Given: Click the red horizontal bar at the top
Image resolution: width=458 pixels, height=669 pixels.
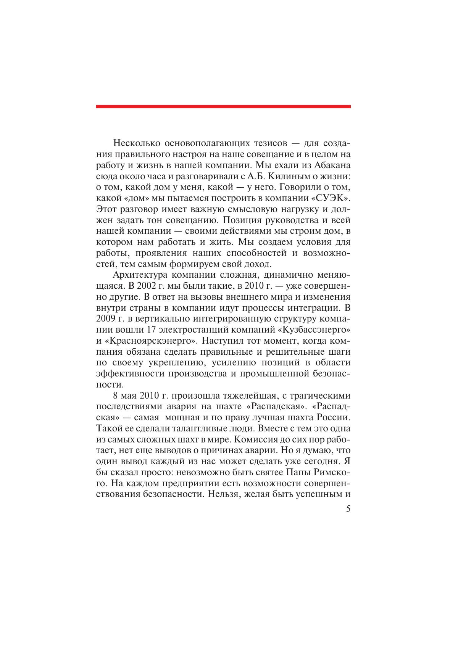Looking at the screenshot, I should coord(223,106).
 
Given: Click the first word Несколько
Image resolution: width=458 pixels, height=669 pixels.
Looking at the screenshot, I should coord(136,143).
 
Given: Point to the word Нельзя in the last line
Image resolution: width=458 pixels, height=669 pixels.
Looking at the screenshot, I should coord(247,494).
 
